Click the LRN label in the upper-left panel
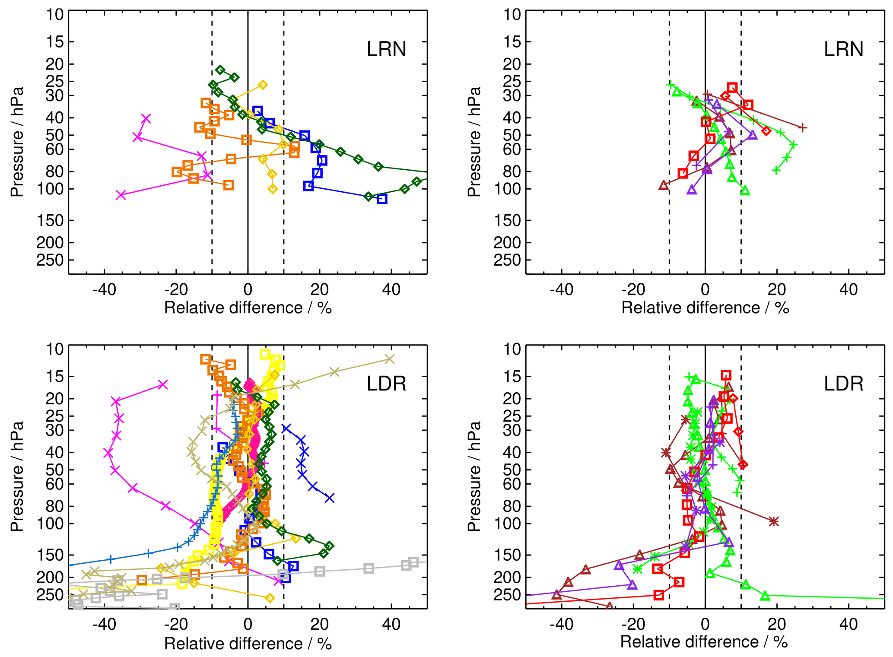pyautogui.click(x=386, y=49)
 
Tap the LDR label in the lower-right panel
pyautogui.click(x=843, y=384)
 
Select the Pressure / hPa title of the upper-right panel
pyautogui.click(x=474, y=142)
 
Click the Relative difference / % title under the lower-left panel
pyautogui.click(x=248, y=643)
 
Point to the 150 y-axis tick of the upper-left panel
pyautogui.click(x=50, y=221)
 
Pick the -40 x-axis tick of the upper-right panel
pyautogui.click(x=562, y=289)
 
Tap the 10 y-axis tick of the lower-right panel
pyautogui.click(x=513, y=349)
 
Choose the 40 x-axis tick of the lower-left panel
pyautogui.click(x=391, y=624)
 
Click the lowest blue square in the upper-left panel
pyautogui.click(x=382, y=199)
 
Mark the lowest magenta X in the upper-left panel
pyautogui.click(x=121, y=195)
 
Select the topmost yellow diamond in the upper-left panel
pyautogui.click(x=263, y=85)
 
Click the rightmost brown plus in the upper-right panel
pyautogui.click(x=802, y=127)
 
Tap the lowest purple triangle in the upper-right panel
pyautogui.click(x=692, y=190)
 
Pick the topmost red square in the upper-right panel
pyautogui.click(x=732, y=88)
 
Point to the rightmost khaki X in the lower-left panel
pyautogui.click(x=390, y=359)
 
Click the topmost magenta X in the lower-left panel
pyautogui.click(x=162, y=384)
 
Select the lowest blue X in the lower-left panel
pyautogui.click(x=330, y=498)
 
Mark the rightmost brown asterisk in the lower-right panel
pyautogui.click(x=773, y=521)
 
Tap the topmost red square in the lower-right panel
pyautogui.click(x=726, y=375)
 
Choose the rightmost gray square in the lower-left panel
pyautogui.click(x=413, y=562)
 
